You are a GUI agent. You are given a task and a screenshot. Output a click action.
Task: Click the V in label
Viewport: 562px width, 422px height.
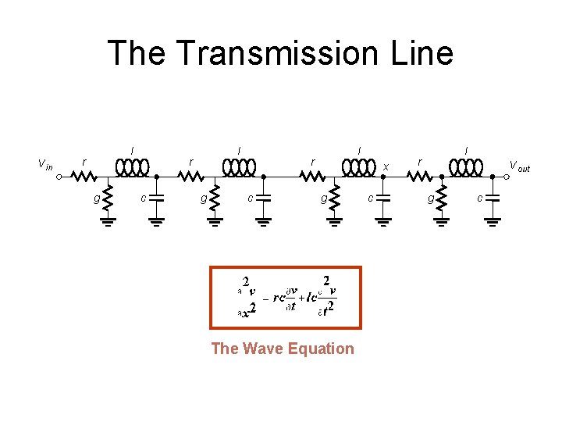tap(46, 164)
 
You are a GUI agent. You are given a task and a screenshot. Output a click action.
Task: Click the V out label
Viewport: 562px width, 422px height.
tap(519, 166)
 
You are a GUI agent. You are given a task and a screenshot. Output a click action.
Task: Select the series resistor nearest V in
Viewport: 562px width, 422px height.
tap(83, 177)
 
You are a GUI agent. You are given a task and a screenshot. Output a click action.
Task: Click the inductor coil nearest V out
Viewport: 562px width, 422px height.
tap(466, 168)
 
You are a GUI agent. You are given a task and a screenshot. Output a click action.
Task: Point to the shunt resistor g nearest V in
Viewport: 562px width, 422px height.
tap(108, 198)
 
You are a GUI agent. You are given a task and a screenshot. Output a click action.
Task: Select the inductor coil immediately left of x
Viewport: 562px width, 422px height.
tap(359, 168)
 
